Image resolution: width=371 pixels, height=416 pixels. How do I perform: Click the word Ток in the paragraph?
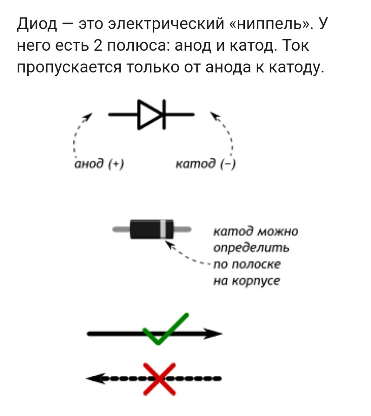point(294,46)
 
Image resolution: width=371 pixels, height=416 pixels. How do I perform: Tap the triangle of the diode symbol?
point(147,114)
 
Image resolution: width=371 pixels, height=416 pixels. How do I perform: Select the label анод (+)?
point(98,164)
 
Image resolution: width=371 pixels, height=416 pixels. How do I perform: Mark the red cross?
point(159,378)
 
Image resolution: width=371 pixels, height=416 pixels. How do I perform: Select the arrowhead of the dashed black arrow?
point(95,378)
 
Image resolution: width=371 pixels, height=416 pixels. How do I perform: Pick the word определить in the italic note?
point(251,248)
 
